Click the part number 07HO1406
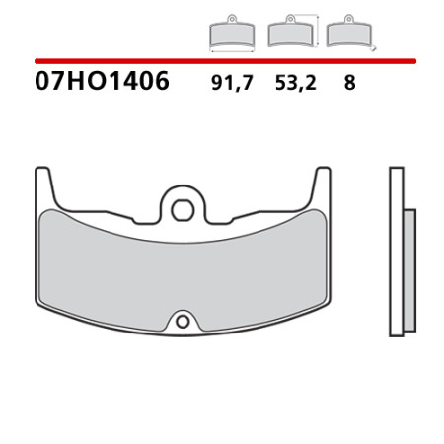point(102,81)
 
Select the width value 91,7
point(232,83)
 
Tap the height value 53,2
point(295,83)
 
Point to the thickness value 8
point(349,83)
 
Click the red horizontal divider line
point(225,61)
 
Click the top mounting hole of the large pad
point(183,210)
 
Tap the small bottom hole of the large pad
point(183,322)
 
